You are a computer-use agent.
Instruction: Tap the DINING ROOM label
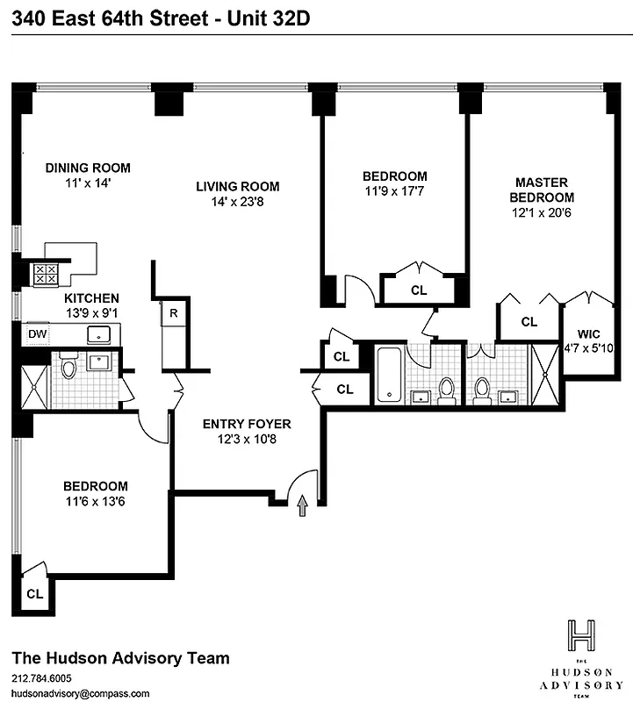pyautogui.click(x=88, y=168)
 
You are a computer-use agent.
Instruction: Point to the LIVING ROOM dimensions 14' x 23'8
pyautogui.click(x=237, y=201)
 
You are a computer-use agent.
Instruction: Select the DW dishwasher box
pyautogui.click(x=37, y=333)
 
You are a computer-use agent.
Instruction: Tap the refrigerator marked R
pyautogui.click(x=174, y=312)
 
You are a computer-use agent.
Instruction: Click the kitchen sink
pyautogui.click(x=99, y=333)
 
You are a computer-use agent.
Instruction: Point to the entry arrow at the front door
pyautogui.click(x=303, y=505)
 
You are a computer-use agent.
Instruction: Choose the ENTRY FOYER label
pyautogui.click(x=247, y=424)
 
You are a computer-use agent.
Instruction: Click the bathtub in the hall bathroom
pyautogui.click(x=389, y=376)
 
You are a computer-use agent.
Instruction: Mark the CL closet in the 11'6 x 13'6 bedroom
pyautogui.click(x=34, y=593)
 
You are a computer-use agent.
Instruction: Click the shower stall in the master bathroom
pyautogui.click(x=545, y=376)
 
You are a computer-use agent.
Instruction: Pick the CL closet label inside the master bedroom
pyautogui.click(x=529, y=322)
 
